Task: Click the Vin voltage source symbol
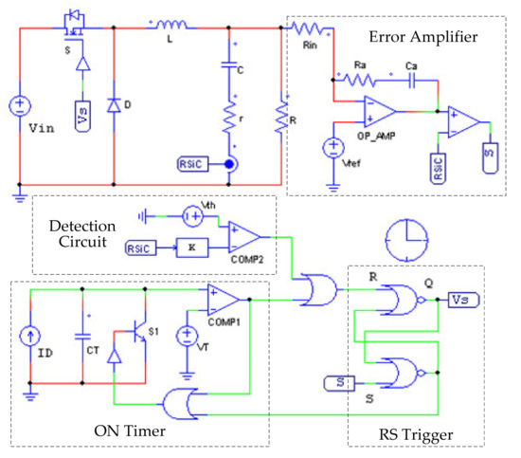point(18,106)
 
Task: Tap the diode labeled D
point(114,102)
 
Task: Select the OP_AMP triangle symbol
point(379,111)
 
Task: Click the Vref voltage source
point(333,147)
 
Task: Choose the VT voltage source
point(188,337)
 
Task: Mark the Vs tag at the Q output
point(463,301)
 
